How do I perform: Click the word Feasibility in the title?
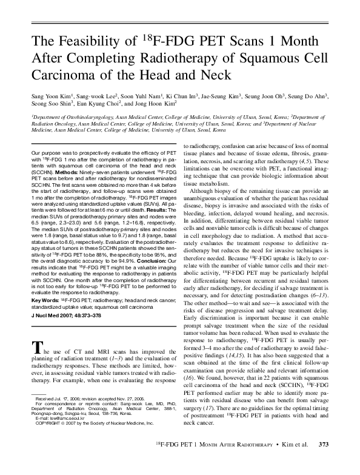[88, 42]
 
